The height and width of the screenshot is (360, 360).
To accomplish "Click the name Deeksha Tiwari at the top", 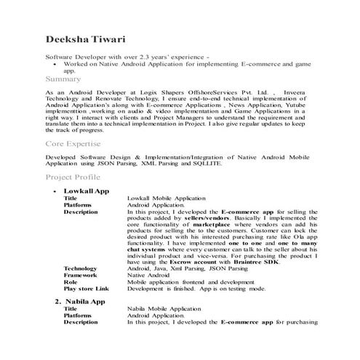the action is coord(87,37).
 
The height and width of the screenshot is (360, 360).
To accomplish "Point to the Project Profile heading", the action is coord(73,177).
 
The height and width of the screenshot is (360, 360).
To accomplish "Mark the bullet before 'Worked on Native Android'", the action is coord(55,64).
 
